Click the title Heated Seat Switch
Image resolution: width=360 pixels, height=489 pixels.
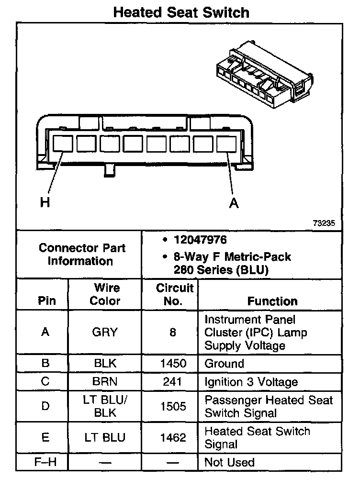[x=181, y=12]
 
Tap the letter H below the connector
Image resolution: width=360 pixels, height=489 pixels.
[x=45, y=203]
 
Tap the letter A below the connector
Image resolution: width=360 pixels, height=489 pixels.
[x=234, y=203]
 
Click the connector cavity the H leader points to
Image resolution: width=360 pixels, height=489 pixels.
[x=63, y=144]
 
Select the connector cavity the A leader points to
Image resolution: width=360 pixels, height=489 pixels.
[x=226, y=144]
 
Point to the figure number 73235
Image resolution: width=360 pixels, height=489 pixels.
[x=324, y=223]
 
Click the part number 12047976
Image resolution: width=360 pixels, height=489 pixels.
[x=200, y=240]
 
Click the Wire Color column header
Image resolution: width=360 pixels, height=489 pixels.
[x=105, y=294]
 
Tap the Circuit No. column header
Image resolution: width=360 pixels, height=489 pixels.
[x=174, y=294]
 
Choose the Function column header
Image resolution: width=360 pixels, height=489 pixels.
[x=272, y=301]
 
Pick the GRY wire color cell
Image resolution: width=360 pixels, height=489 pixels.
[x=105, y=332]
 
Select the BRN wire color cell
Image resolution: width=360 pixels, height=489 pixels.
[x=105, y=382]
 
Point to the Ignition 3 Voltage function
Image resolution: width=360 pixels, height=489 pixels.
[x=251, y=382]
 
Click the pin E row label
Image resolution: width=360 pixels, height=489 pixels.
[x=45, y=437]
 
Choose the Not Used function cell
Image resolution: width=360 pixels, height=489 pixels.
[x=229, y=462]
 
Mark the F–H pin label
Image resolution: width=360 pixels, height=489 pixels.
[x=45, y=462]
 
